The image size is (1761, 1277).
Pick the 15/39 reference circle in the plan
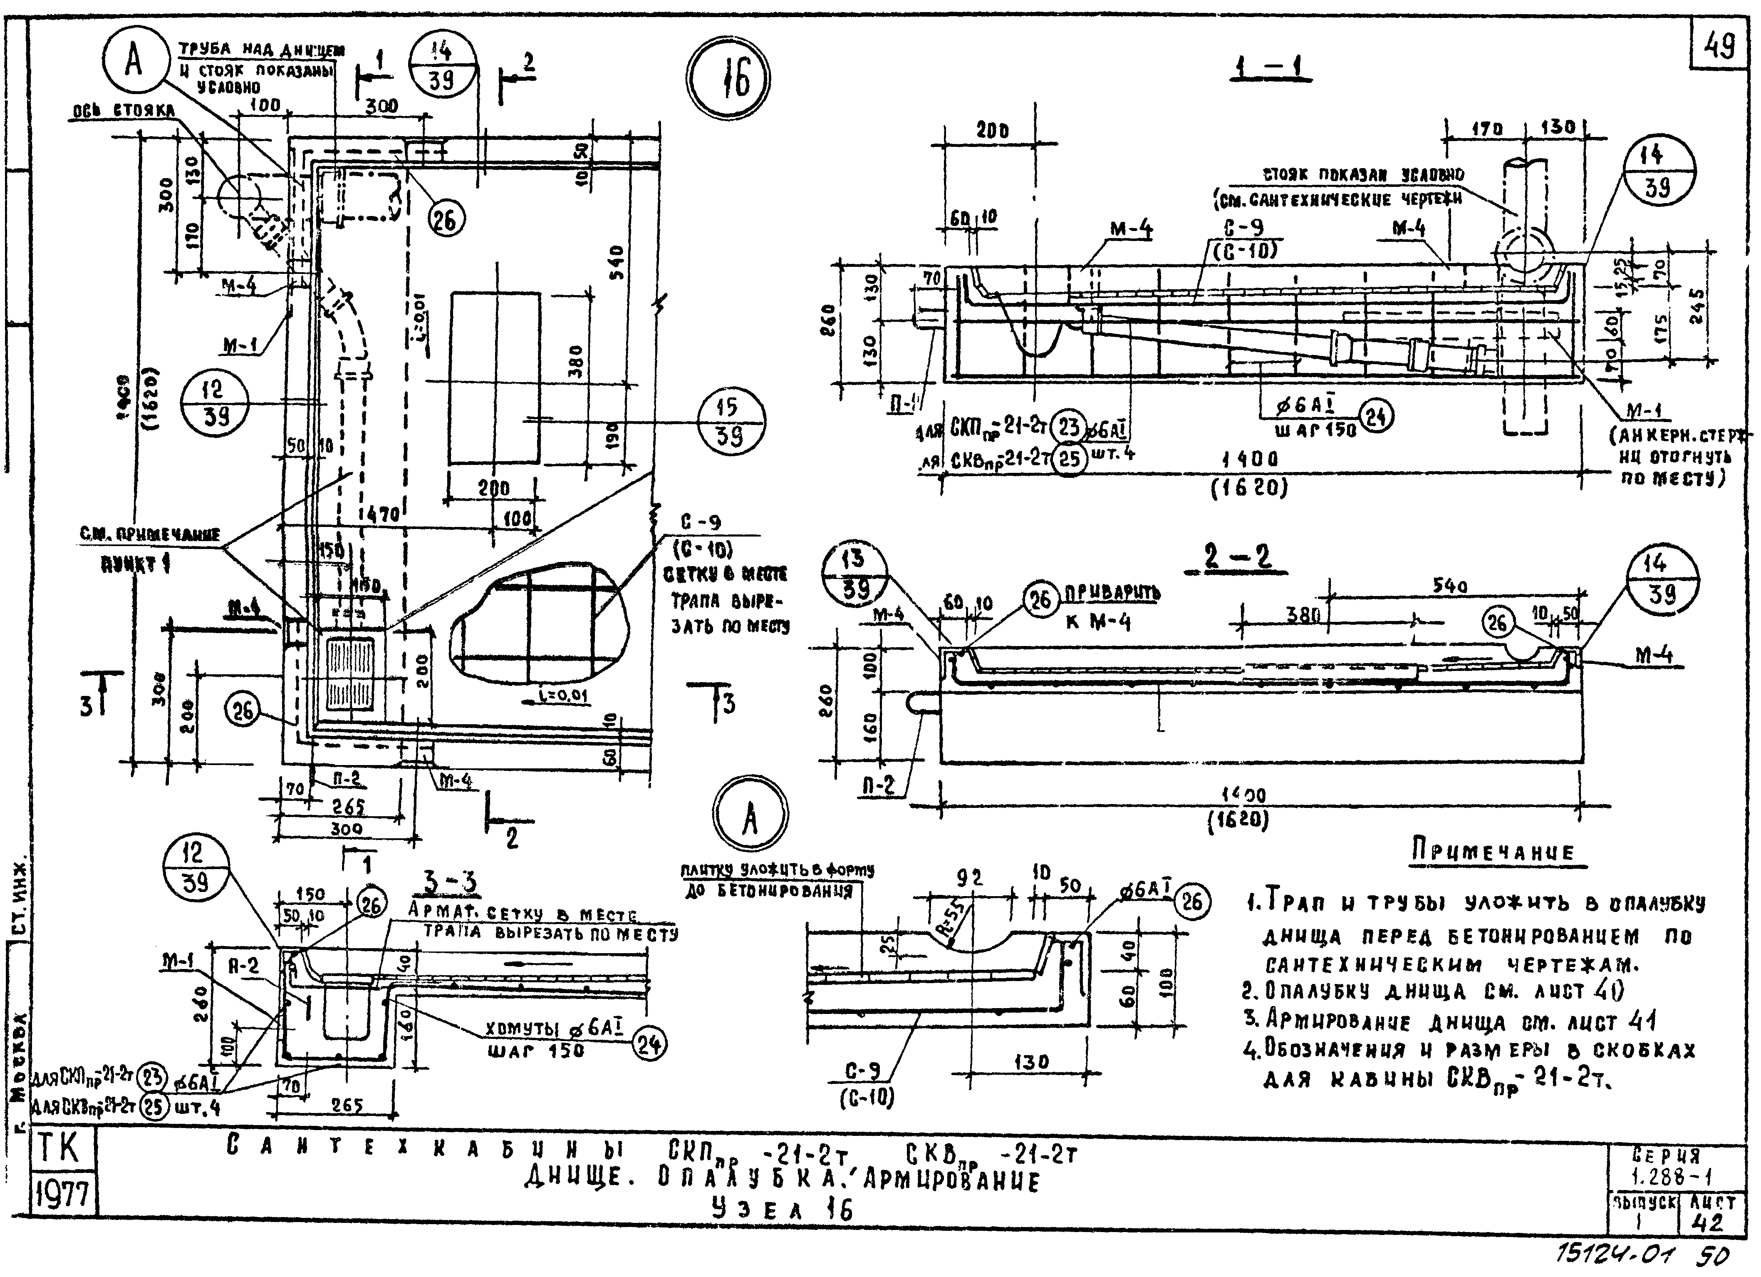tap(731, 422)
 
